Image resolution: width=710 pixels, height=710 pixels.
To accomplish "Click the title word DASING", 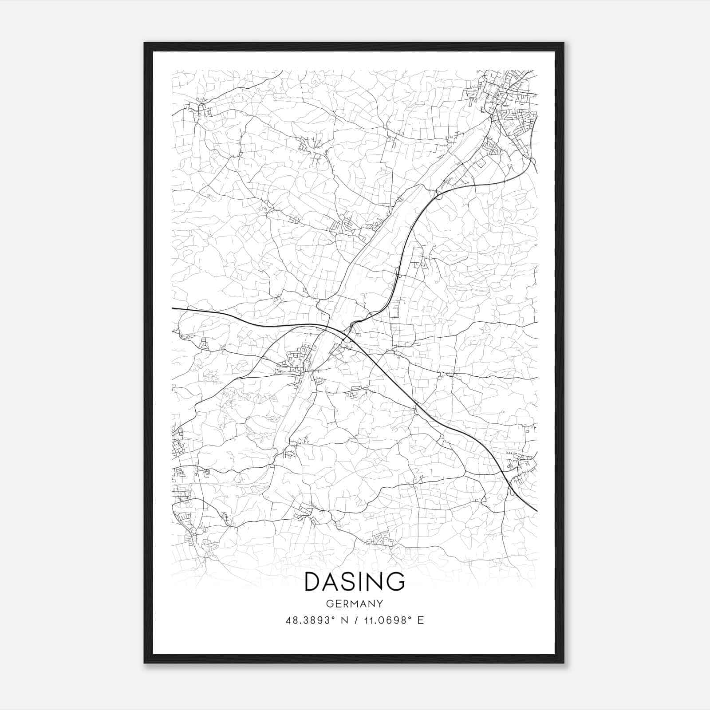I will click(355, 582).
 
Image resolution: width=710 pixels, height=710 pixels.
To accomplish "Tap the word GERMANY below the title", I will click(355, 604).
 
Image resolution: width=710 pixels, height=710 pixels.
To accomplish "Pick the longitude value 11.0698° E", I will click(393, 620).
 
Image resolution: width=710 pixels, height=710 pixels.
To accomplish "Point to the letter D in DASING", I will click(313, 582).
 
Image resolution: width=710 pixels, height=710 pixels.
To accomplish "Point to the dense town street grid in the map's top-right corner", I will click(510, 102).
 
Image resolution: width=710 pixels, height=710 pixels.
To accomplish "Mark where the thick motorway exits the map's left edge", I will click(173, 308).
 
